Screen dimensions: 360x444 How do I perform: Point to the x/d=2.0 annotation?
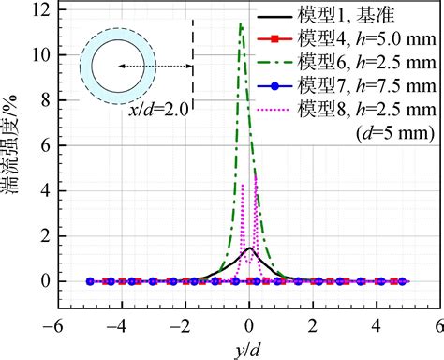coord(156,112)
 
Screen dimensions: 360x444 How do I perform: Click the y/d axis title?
coord(247,349)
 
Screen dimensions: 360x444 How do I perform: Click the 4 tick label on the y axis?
coord(43,190)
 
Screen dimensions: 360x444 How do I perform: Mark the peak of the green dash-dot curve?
coord(241,23)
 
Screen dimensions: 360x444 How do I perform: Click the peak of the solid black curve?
coord(248,248)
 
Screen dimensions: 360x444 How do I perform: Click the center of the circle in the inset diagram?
coord(117,67)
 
